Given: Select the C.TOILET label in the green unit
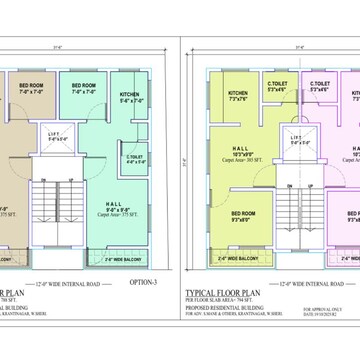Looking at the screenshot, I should coord(133,159).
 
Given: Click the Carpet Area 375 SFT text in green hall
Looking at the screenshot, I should coord(117,214).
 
